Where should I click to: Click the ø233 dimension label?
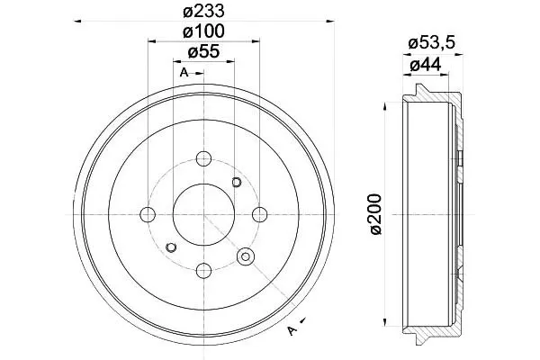tap(203, 11)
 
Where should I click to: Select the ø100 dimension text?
tap(203, 31)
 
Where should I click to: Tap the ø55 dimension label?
tap(203, 51)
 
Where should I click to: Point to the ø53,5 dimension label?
tap(432, 43)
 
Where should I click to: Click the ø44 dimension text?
tap(426, 65)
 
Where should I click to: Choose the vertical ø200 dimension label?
tap(376, 214)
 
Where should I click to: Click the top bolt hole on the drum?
tap(203, 158)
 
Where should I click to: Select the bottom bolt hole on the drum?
tap(203, 270)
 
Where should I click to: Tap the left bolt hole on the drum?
tap(148, 214)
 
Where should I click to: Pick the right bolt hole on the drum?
tap(260, 214)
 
